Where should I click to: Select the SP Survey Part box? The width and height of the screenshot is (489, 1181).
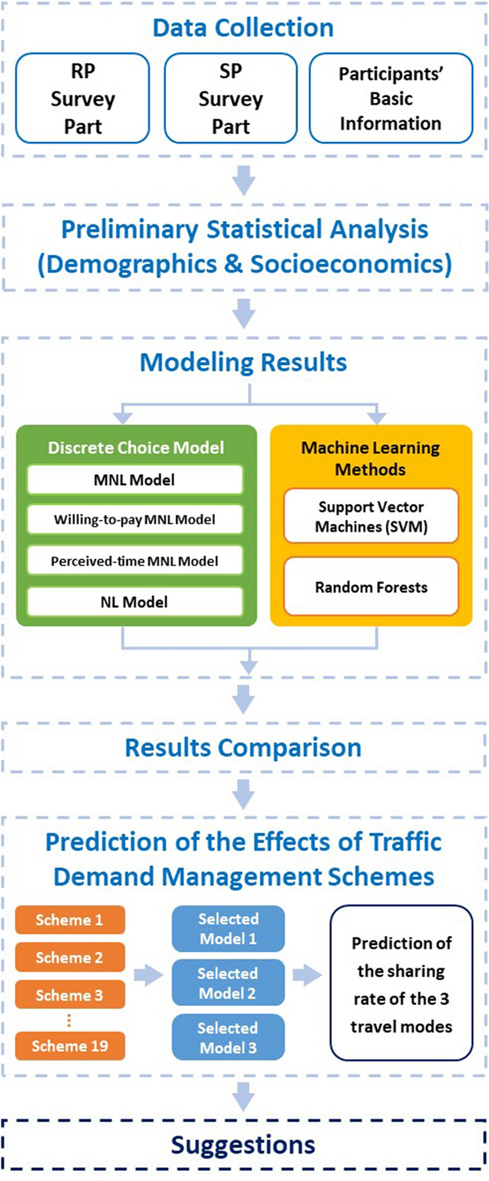[x=231, y=98]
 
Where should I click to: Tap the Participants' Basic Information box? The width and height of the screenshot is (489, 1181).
[x=389, y=98]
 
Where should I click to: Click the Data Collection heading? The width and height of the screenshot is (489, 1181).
[x=243, y=27]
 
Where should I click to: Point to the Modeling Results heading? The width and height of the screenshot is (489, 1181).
[x=243, y=362]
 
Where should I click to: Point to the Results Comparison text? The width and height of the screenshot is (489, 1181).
[x=243, y=747]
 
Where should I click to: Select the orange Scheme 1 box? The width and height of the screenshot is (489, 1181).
[x=71, y=919]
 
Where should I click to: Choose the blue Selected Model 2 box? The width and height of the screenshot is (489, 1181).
[x=227, y=983]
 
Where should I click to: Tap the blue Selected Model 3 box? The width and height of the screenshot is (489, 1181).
[x=227, y=1038]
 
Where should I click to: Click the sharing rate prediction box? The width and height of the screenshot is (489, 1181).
[x=401, y=982]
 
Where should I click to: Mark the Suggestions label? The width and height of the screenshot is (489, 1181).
[x=243, y=1144]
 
